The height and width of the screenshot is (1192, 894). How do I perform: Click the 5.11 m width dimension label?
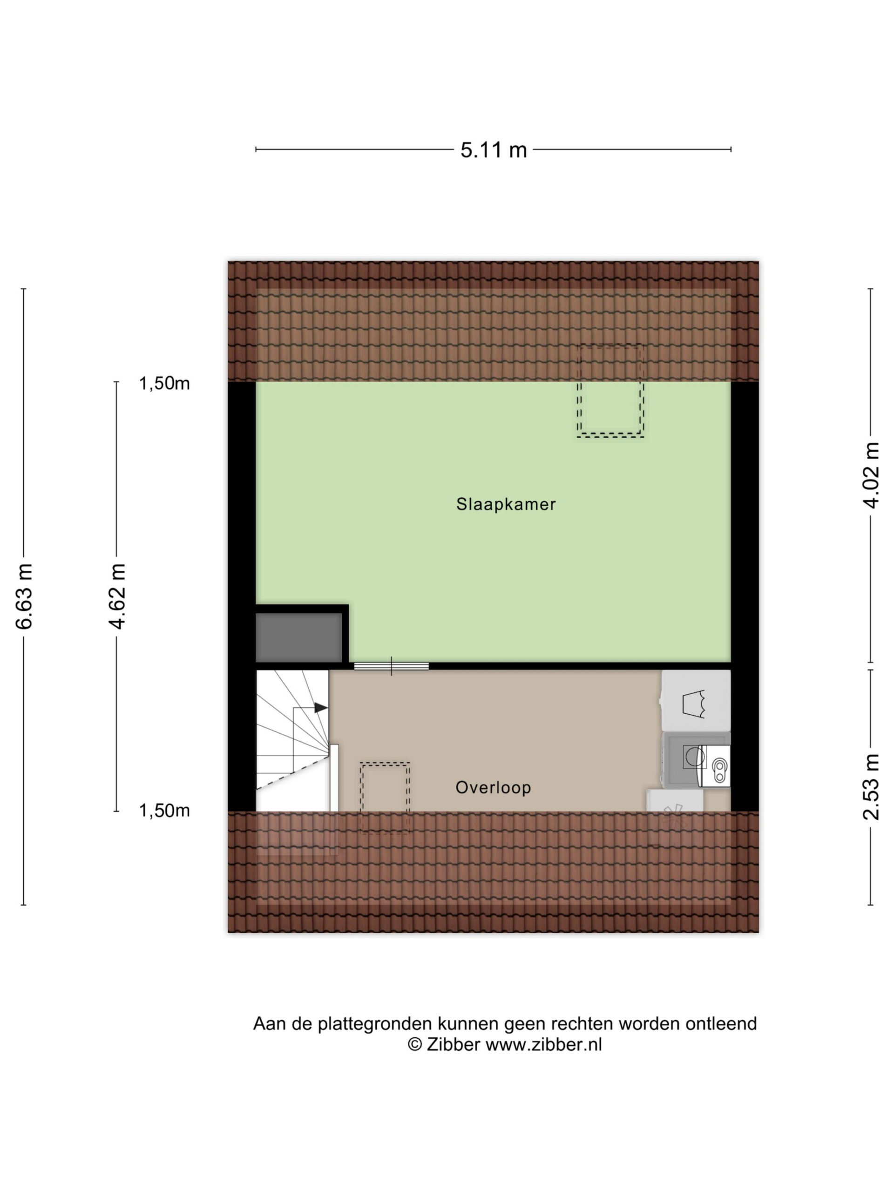point(493,149)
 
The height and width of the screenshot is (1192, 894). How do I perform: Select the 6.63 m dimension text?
point(24,596)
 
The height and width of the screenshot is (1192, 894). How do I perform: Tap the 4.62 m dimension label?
point(117,596)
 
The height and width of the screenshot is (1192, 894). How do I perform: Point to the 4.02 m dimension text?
point(871,475)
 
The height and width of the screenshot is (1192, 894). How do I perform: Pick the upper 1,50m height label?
point(164,383)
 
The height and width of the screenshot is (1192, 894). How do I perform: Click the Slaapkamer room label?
point(506,504)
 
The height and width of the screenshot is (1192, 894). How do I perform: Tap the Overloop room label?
point(493,788)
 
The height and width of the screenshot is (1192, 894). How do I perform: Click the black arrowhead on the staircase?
point(321,708)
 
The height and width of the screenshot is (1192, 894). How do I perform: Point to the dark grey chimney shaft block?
point(298,637)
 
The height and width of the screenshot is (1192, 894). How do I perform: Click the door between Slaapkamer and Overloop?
point(391,666)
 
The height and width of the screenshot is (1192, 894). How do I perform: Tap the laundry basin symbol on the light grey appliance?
point(694,703)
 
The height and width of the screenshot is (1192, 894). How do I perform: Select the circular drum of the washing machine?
point(694,756)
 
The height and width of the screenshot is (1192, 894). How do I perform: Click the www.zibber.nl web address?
point(543,1044)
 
